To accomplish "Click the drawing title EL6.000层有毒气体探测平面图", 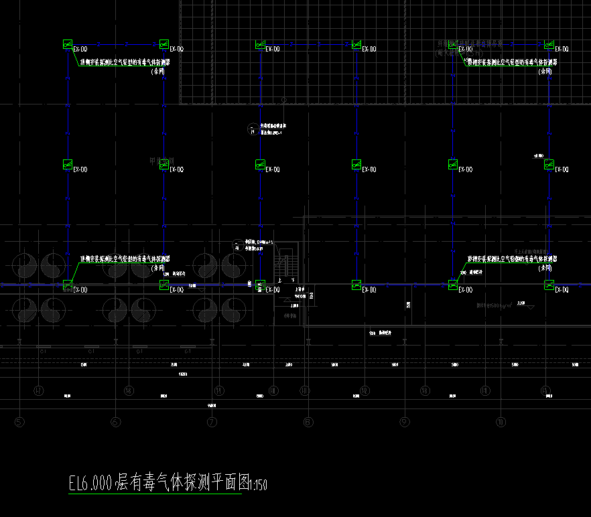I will click(x=158, y=483).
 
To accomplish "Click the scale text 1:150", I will click(x=258, y=485).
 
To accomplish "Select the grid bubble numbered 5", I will click(x=19, y=422).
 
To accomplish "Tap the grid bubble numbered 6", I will click(x=116, y=422).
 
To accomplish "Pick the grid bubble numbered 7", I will click(x=212, y=422).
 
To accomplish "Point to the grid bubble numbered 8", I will click(x=308, y=422).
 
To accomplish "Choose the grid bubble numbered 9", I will click(x=404, y=422).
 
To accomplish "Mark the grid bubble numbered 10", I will click(x=501, y=422).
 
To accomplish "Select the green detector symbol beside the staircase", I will click(x=260, y=285).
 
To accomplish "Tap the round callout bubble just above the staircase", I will click(x=236, y=244).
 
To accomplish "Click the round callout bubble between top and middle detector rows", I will click(x=251, y=128).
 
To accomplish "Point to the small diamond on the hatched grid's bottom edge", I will click(x=284, y=100).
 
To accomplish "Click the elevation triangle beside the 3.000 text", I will click(x=531, y=307).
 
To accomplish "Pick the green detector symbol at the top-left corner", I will click(x=67, y=44).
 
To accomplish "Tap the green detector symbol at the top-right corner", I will click(x=549, y=44).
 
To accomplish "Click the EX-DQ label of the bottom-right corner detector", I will click(x=562, y=290).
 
